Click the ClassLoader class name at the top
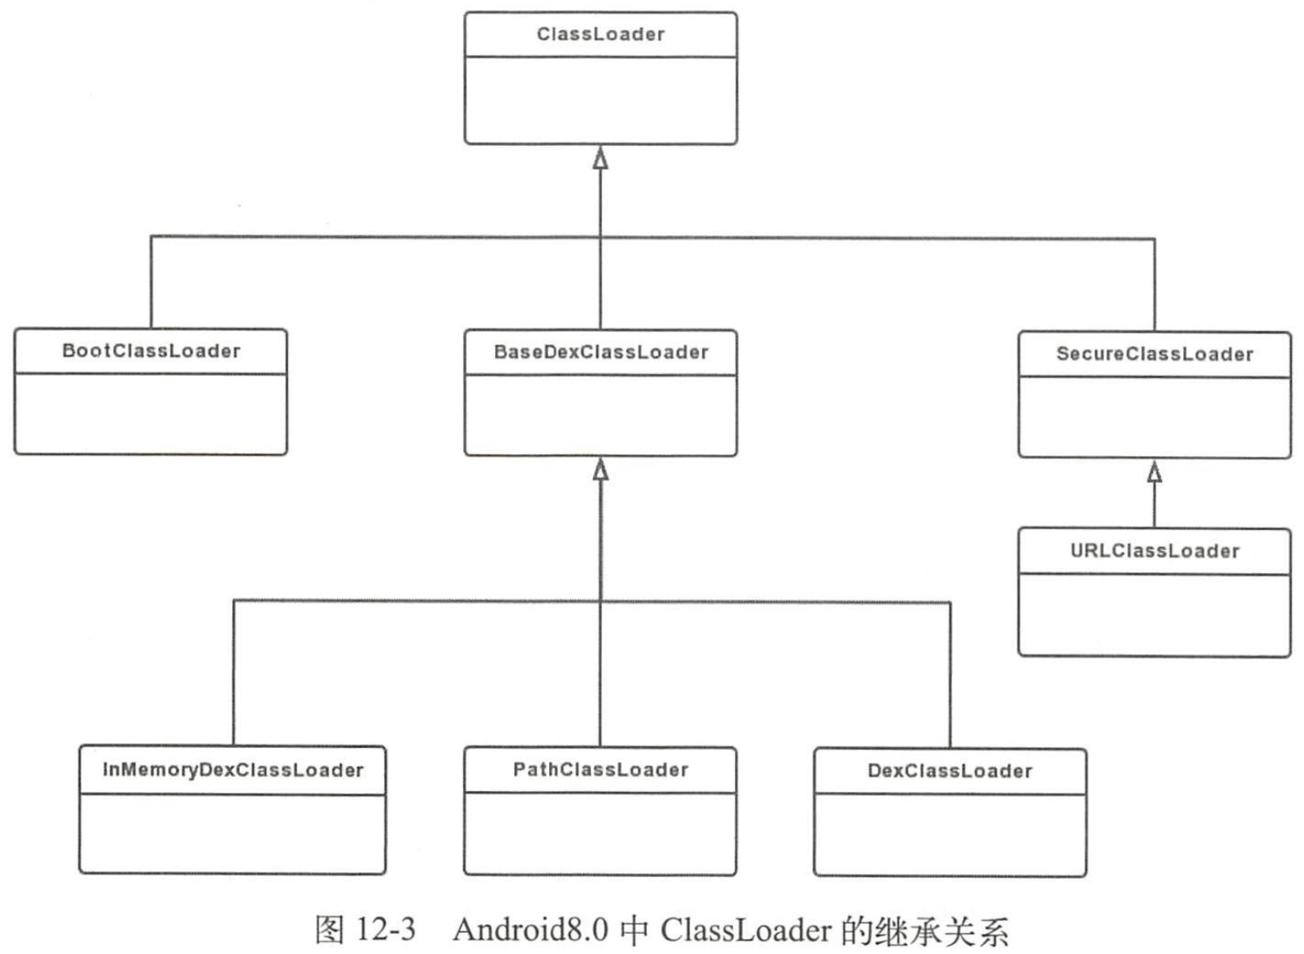tap(600, 35)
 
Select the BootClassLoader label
tap(151, 351)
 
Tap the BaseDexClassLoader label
tap(600, 352)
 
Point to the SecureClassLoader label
tap(1155, 355)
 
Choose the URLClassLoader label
tap(1155, 551)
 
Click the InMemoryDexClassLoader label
tap(232, 770)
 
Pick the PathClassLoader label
tap(600, 770)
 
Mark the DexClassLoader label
tap(949, 771)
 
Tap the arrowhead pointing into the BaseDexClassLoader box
tap(600, 470)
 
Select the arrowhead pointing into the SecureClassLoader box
tap(1155, 472)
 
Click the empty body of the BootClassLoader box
tap(151, 414)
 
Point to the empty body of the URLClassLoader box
tap(1155, 615)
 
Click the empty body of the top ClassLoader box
tap(600, 100)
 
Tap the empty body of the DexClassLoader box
tap(949, 834)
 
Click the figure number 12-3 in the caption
tap(385, 930)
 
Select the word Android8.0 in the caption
tap(530, 930)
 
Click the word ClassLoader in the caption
tap(746, 930)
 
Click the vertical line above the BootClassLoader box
tap(151, 282)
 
